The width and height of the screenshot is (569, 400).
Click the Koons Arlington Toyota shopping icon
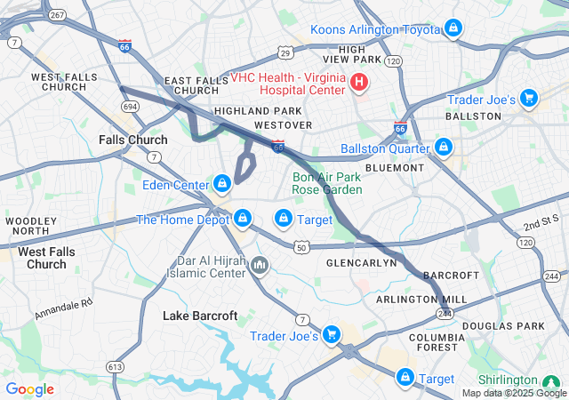coord(453,29)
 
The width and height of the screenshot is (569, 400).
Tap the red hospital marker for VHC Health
coord(359,83)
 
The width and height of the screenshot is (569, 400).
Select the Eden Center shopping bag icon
coord(222,184)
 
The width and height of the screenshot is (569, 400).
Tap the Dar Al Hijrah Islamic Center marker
coord(260,265)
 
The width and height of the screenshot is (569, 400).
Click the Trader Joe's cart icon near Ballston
coord(529,99)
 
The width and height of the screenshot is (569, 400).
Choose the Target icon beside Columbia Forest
coord(406,378)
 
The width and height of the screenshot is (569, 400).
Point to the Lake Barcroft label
coord(200,316)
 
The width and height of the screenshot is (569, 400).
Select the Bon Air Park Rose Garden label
coord(327,183)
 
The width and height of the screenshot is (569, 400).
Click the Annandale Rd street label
coord(64,308)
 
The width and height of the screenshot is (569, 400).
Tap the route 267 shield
coord(57,15)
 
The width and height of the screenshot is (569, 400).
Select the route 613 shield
coord(115,366)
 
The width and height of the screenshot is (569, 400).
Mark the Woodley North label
coord(30,226)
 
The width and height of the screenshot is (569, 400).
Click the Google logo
coord(30,389)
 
